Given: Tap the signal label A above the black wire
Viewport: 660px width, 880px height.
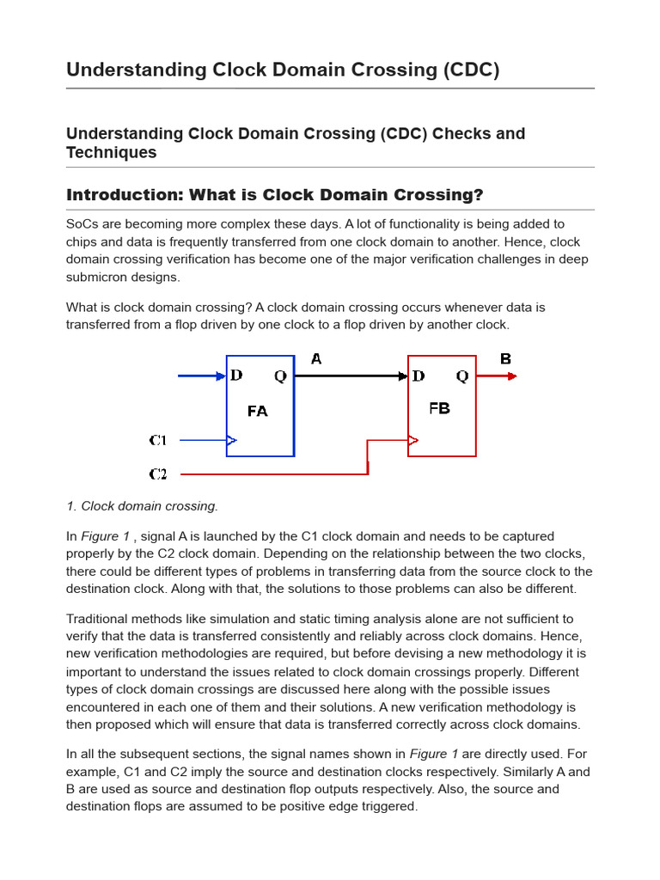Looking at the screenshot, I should click(316, 359).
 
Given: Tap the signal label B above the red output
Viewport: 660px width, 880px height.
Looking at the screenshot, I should click(505, 359).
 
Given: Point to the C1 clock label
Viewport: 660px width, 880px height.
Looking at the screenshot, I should click(158, 441).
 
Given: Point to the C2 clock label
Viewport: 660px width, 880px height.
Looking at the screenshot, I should click(158, 474).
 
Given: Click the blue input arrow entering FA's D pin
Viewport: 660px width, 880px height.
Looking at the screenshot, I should click(201, 376).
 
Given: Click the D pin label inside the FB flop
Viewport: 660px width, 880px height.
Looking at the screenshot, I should click(419, 376).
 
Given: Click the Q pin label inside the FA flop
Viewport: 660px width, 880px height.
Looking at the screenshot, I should click(280, 376).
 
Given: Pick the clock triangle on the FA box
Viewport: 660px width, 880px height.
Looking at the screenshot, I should click(232, 441).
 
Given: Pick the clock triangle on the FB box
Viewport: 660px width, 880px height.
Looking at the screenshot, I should click(413, 441).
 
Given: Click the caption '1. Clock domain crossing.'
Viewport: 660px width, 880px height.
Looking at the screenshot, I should click(142, 506).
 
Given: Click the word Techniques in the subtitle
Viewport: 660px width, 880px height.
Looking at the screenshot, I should click(111, 153).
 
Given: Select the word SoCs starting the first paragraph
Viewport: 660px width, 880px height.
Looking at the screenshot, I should click(82, 223).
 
